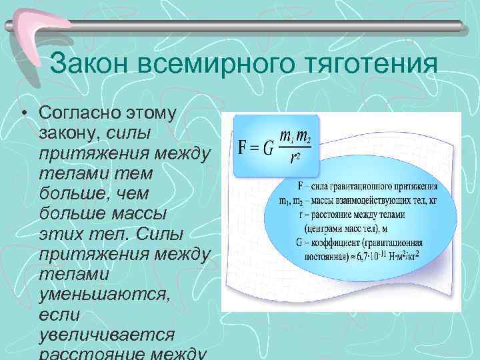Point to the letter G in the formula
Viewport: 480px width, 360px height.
click(x=267, y=147)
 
